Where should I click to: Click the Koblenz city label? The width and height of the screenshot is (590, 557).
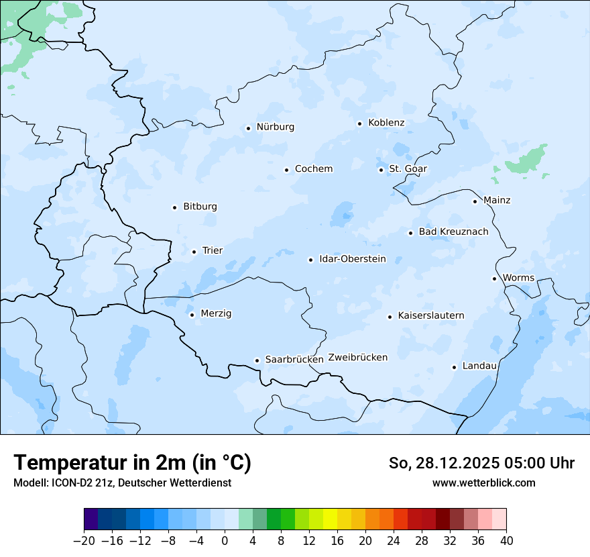click(386, 123)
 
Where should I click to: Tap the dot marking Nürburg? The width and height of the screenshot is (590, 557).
click(248, 128)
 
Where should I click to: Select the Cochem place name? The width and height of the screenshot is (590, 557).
click(314, 169)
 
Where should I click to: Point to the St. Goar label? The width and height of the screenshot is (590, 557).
click(408, 169)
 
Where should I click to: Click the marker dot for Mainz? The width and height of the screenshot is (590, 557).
click(475, 201)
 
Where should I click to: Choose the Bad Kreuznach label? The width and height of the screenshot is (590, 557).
click(453, 232)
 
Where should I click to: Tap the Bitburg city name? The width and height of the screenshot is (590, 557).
click(200, 207)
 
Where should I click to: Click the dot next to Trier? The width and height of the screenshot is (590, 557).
click(194, 252)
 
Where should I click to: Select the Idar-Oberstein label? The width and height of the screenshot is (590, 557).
click(353, 259)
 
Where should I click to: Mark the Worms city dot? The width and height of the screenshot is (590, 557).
click(494, 278)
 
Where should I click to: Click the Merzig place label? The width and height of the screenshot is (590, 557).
click(216, 314)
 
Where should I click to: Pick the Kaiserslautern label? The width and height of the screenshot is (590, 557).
click(431, 315)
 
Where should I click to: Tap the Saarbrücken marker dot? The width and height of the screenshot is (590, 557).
click(257, 360)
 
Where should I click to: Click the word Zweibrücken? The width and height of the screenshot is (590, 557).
click(357, 358)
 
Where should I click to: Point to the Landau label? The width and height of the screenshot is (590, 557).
click(479, 366)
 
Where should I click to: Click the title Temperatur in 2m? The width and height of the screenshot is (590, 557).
click(132, 463)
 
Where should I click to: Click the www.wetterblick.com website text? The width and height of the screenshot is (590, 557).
click(483, 483)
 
